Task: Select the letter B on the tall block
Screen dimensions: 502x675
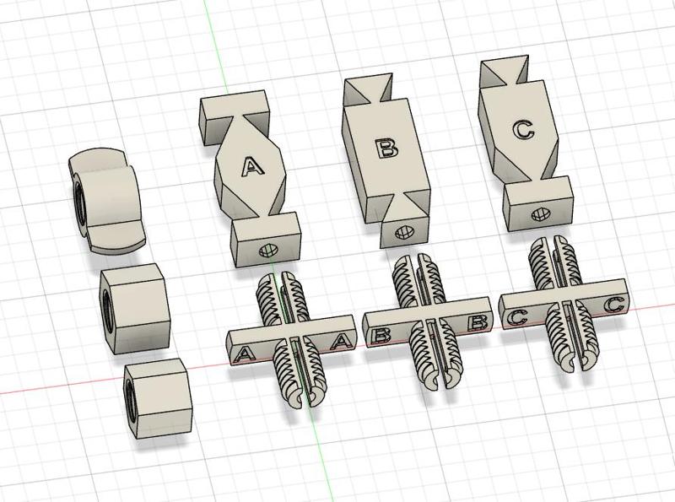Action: point(386,149)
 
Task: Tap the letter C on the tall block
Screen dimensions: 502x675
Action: point(523,130)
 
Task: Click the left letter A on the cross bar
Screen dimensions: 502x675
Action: point(245,351)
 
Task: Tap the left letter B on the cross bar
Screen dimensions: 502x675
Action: point(380,335)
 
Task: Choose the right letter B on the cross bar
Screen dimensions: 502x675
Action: point(477,321)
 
